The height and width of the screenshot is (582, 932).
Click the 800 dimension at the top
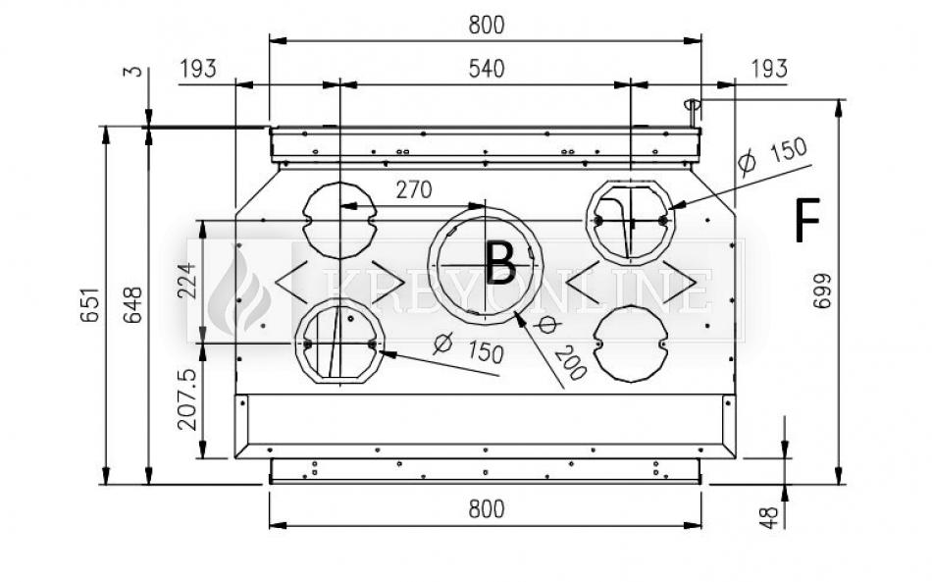[x=487, y=25]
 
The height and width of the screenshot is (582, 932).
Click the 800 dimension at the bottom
[x=487, y=508]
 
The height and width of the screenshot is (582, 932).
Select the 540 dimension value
[x=487, y=69]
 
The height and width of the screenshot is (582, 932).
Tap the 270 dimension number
[x=414, y=190]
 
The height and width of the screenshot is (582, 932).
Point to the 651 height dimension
[x=89, y=305]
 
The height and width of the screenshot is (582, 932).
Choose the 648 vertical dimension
[x=132, y=305]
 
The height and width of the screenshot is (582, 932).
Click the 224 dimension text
[x=186, y=281]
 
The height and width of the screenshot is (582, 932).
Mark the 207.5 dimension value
[x=186, y=399]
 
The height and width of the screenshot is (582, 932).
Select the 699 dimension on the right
[x=821, y=291]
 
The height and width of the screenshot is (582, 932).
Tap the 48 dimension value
[x=769, y=517]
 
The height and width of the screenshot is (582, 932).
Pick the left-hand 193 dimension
[x=198, y=69]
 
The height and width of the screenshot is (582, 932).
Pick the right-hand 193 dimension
[x=769, y=69]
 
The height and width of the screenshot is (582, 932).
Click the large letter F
[x=807, y=220]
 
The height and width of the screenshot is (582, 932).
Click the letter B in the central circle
[x=500, y=263]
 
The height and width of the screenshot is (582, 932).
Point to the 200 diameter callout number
[x=571, y=362]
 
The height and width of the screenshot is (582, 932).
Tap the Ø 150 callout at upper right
[x=773, y=156]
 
